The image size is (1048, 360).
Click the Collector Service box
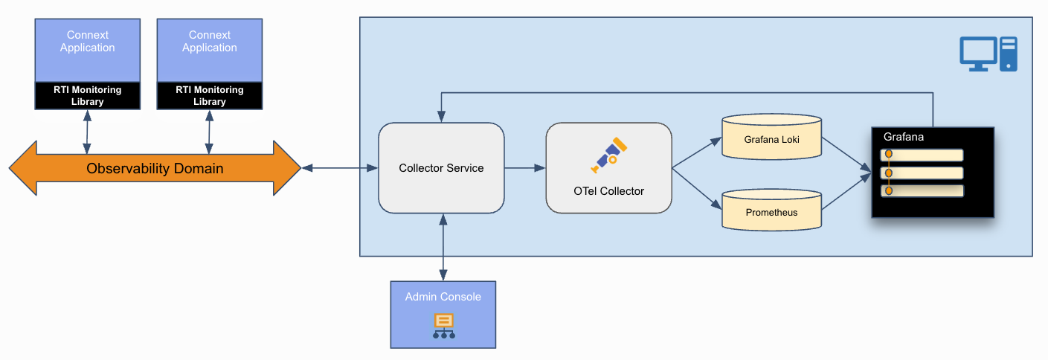click(441, 168)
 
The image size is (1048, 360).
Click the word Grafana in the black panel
click(903, 137)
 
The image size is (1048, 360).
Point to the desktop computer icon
click(987, 54)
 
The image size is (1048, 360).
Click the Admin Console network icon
click(443, 326)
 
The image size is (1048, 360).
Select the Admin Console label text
click(443, 297)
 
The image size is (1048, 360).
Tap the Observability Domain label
click(155, 169)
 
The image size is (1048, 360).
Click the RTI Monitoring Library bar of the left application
click(88, 95)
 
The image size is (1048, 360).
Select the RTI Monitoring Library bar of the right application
click(210, 95)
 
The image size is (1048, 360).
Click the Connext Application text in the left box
click(88, 41)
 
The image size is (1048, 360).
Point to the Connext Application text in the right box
click(210, 41)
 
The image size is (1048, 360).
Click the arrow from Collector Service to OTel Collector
click(525, 168)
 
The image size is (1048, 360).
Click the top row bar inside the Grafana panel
click(922, 155)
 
